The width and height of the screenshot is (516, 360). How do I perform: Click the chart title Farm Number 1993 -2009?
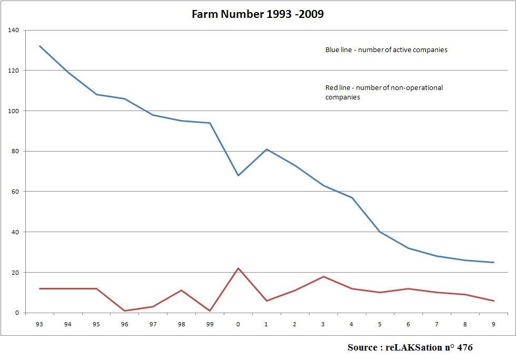coord(257,14)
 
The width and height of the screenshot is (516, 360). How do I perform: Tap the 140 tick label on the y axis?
coord(14,31)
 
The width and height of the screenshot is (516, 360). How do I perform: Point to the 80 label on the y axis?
coord(15,152)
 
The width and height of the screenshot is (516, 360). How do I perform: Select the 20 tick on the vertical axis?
coord(15,273)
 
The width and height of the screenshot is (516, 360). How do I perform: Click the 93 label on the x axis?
coord(39,324)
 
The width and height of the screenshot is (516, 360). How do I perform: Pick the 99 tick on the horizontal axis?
coord(210,324)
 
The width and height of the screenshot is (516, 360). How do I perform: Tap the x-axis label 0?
coord(238,324)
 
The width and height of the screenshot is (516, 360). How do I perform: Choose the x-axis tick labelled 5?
coord(380,324)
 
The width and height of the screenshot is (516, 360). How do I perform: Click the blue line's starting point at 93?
coord(39,46)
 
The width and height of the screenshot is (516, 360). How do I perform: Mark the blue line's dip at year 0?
coord(238,175)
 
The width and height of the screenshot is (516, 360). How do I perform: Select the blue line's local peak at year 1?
coord(266,149)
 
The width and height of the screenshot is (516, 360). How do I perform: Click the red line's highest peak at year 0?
coord(238,268)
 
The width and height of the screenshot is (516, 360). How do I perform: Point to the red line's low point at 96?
coord(125,311)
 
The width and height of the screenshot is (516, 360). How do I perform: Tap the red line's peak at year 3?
coord(323,276)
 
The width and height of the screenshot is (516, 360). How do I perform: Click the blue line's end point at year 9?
coord(493,262)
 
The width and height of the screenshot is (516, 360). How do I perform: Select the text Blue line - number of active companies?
coord(386,50)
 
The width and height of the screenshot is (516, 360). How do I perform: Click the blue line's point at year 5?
coord(380,232)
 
